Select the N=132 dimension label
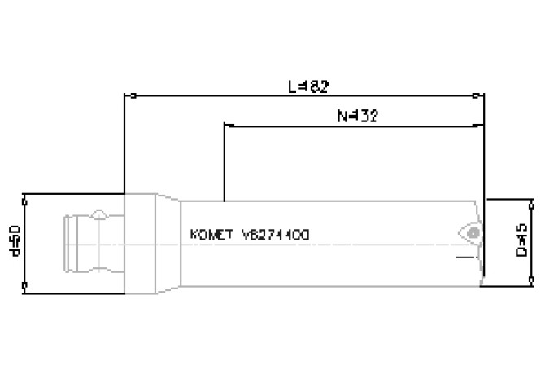(x=357, y=116)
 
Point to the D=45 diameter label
(x=521, y=240)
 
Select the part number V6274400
(x=275, y=235)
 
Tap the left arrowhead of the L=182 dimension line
(x=127, y=95)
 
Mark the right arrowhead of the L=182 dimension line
(x=481, y=95)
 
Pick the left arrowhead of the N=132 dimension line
(x=227, y=126)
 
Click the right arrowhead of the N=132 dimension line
(x=481, y=126)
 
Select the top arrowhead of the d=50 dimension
(x=25, y=198)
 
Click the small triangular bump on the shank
(x=98, y=214)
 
